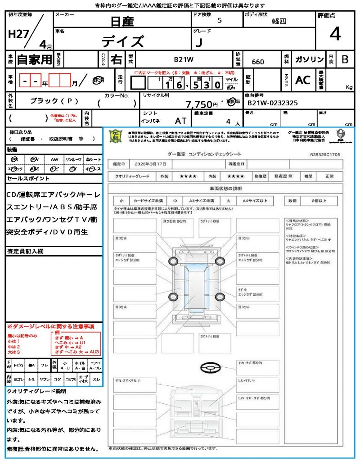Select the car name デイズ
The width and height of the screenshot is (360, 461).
point(122,41)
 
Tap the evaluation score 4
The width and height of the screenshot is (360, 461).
point(335,34)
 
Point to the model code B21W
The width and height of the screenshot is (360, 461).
point(184,59)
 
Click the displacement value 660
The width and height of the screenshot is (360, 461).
point(258,62)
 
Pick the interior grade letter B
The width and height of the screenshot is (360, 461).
point(345,59)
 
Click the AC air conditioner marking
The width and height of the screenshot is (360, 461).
point(303,80)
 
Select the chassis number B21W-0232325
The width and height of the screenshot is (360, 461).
point(272,103)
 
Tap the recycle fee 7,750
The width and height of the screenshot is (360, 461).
point(199,104)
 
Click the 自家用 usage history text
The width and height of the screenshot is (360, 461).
point(34,59)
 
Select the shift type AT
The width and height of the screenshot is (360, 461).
point(181,121)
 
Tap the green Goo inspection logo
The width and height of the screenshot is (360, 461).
point(116,136)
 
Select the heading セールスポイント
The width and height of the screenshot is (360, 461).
point(28,179)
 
